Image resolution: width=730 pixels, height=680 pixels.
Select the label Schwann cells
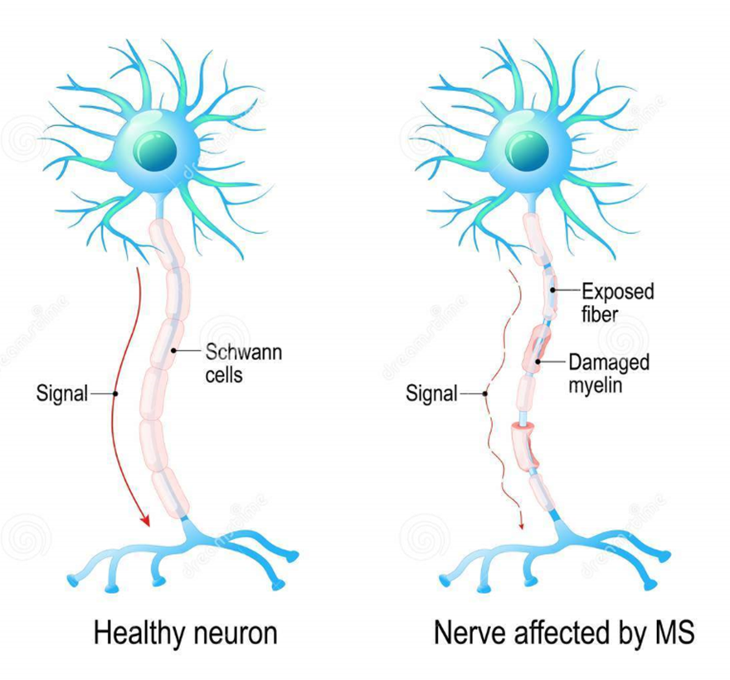(242, 363)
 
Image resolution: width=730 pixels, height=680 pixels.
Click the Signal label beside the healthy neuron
(62, 393)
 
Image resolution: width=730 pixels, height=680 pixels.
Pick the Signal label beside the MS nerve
(431, 394)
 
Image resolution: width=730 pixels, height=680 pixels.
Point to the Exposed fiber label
(617, 303)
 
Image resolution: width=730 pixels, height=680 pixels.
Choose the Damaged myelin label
(608, 373)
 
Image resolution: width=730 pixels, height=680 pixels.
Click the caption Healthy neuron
(185, 634)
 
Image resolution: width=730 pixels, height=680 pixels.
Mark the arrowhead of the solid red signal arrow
(145, 521)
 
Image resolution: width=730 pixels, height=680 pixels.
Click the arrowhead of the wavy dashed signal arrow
(522, 524)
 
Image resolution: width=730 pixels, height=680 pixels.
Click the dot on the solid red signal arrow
(114, 393)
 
